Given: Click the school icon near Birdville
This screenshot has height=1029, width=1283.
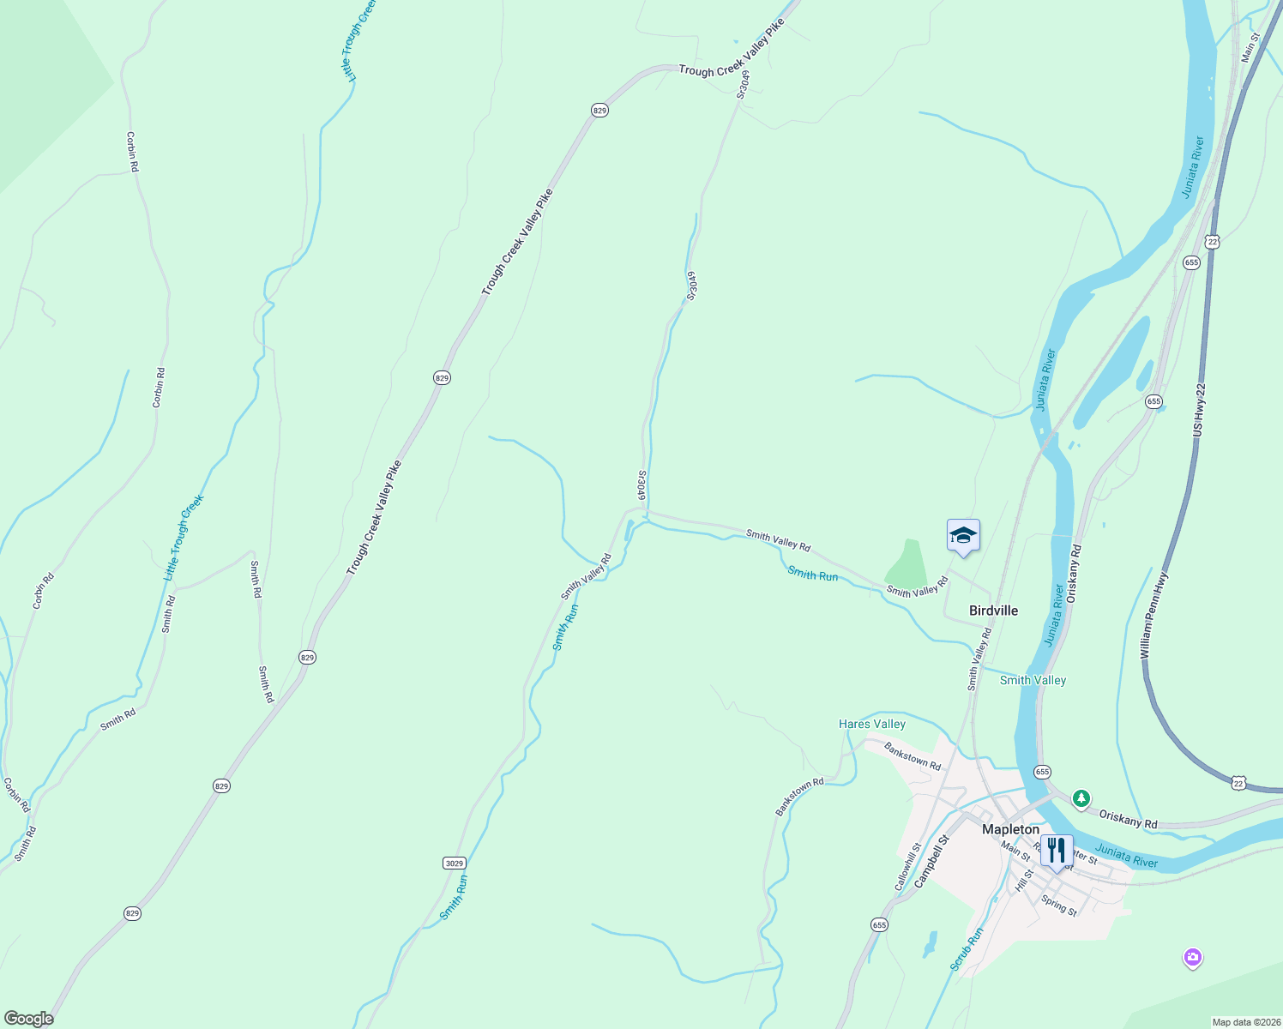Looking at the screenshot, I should [963, 537].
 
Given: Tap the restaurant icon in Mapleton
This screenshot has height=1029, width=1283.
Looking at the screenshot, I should [1057, 851].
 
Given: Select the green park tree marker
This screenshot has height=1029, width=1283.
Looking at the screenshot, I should [1081, 798].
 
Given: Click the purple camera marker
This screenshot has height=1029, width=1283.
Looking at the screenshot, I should [1192, 957].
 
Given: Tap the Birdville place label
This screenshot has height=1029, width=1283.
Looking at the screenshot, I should [993, 611].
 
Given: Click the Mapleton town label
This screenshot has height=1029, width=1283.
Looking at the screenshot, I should [1010, 829].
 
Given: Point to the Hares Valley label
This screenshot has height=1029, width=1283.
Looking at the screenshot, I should [871, 724].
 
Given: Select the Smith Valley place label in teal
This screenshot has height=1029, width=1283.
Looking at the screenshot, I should [1033, 680].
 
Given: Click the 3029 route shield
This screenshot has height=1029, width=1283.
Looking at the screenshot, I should [455, 863].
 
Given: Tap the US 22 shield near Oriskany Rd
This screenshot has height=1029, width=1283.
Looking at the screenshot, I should [1238, 782].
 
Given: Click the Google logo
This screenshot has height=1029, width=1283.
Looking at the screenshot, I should [28, 1019].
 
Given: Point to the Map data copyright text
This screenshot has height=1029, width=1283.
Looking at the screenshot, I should [1244, 1022].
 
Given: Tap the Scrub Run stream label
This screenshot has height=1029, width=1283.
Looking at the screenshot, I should [967, 949].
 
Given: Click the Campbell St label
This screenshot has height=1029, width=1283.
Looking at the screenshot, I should [932, 861].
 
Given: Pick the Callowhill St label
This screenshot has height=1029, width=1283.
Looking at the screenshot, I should [907, 866].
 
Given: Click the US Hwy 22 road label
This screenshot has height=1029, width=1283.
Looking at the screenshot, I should [1200, 410].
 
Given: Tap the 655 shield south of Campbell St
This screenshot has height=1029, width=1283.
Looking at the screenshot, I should [879, 924].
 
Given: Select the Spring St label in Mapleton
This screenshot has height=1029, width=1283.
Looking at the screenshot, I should [1058, 905].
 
